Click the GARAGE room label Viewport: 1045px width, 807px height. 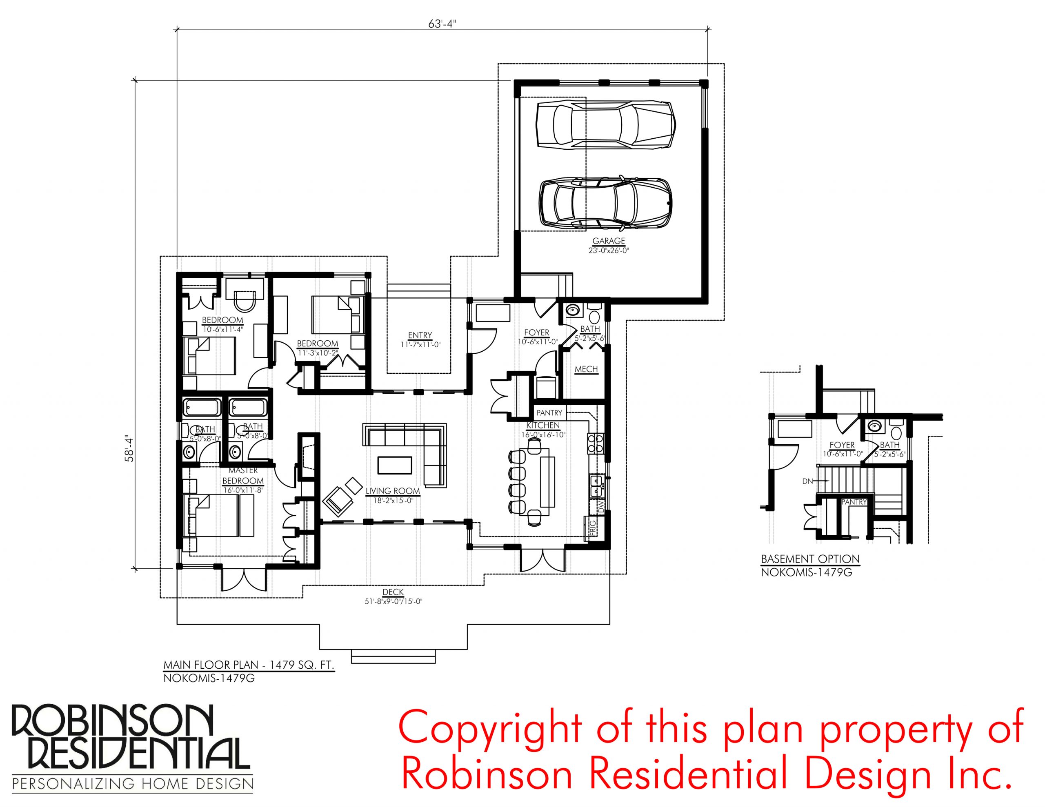609,241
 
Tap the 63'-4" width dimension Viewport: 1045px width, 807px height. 442,24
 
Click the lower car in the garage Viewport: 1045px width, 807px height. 605,202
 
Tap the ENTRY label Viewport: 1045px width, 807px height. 420,335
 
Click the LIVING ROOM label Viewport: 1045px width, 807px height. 393,491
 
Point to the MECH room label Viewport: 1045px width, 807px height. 586,369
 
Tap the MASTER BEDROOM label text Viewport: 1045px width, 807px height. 243,475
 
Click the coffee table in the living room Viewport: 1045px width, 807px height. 395,465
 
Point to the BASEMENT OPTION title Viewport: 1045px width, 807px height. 810,559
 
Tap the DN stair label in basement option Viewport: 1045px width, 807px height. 808,481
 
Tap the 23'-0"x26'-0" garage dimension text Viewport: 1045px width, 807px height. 609,250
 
